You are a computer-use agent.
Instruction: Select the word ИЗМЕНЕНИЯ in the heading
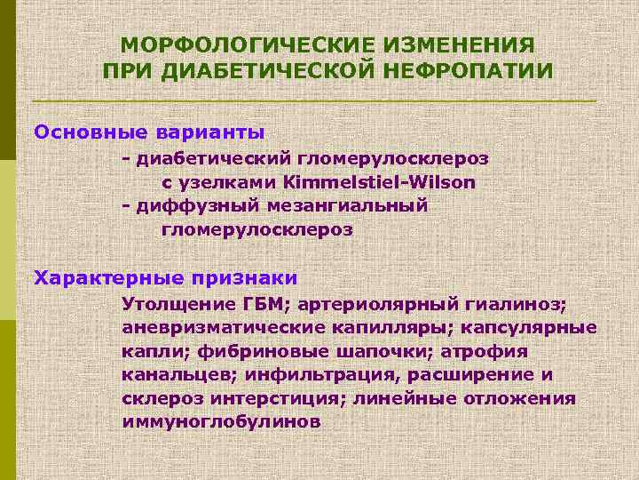click(x=453, y=44)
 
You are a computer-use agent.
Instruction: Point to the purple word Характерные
click(x=106, y=276)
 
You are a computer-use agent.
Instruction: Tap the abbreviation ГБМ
click(x=266, y=305)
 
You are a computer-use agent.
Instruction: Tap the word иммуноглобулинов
click(x=221, y=420)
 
